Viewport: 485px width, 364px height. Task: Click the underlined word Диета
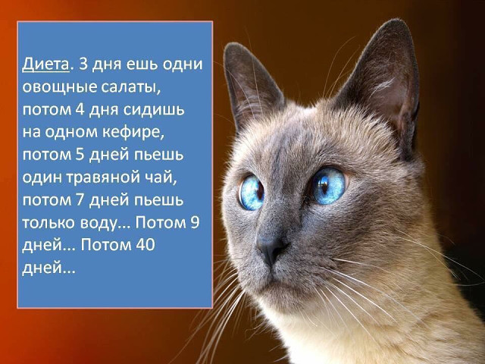click(x=45, y=64)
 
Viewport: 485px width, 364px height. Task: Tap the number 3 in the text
click(x=84, y=64)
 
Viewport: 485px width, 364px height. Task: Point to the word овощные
click(x=60, y=88)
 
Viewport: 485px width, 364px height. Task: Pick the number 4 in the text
click(x=80, y=109)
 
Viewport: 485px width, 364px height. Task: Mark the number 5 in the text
click(x=80, y=155)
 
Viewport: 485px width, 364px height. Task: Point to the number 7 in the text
click(x=80, y=199)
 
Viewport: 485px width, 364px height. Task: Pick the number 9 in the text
click(x=195, y=222)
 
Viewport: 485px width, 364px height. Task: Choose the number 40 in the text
click(x=145, y=245)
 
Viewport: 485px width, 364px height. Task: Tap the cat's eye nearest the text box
click(x=251, y=192)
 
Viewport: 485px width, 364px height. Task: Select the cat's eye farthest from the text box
click(x=328, y=186)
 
